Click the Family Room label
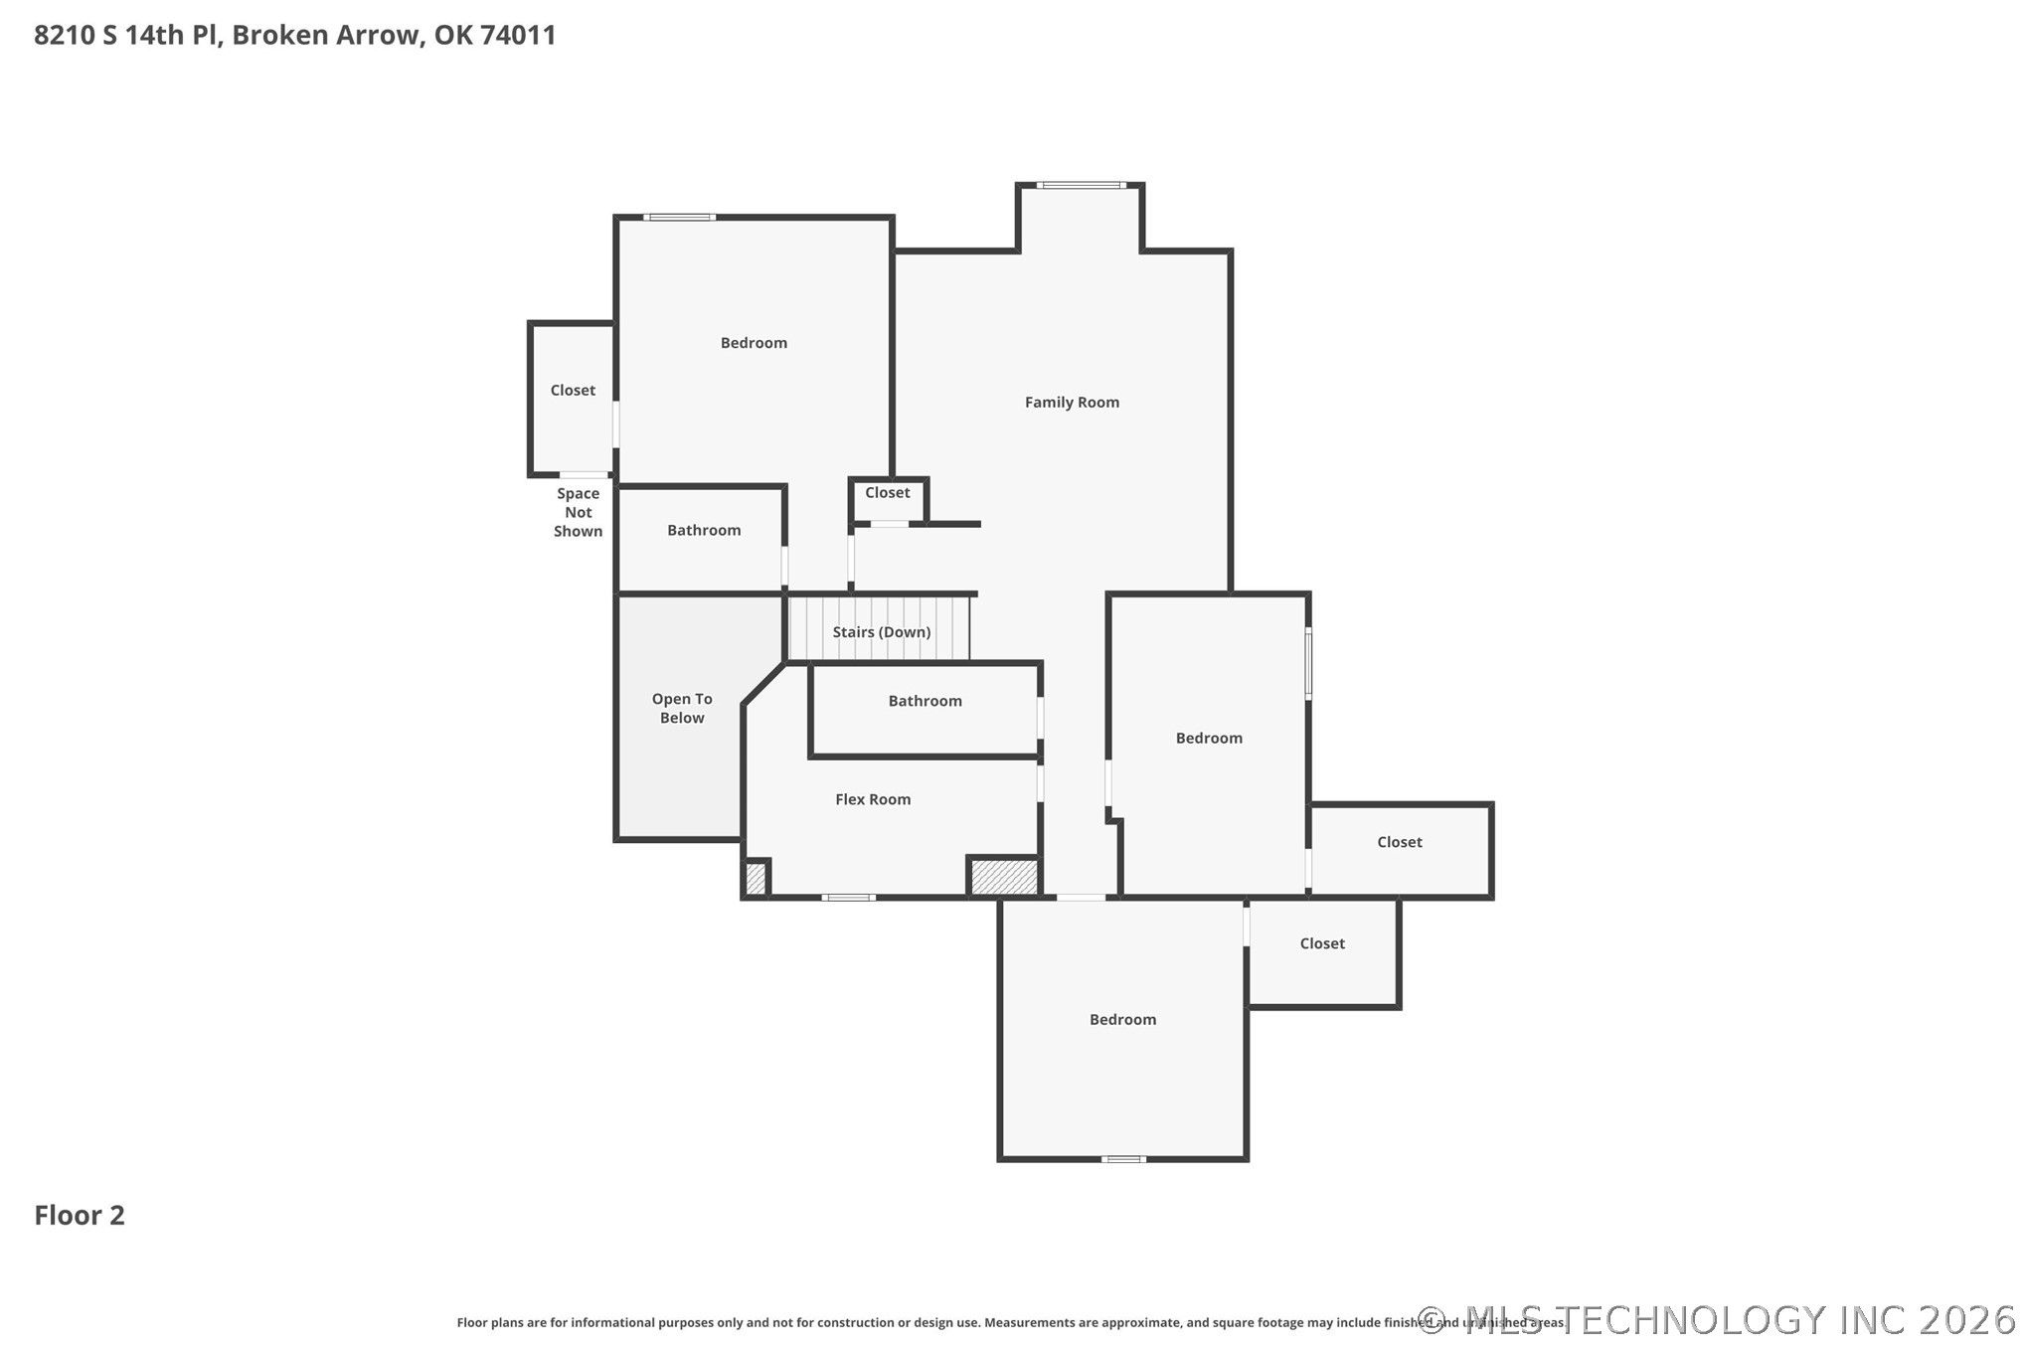coord(1072,403)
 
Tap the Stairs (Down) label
coord(882,632)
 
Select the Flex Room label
coord(873,799)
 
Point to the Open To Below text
coord(682,709)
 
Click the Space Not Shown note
coord(579,512)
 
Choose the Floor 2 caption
coord(80,1215)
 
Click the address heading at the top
coord(295,35)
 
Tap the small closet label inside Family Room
coord(888,493)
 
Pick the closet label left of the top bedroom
coord(574,391)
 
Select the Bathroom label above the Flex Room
coord(926,701)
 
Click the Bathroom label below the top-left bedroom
coord(704,531)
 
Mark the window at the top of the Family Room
coord(1082,185)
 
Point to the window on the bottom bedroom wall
coord(1123,1159)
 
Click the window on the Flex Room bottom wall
coord(849,898)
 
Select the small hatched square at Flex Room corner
coord(756,878)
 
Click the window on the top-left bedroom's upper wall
coord(679,217)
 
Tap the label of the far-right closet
coord(1400,842)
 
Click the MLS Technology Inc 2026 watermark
coord(1717,1320)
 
